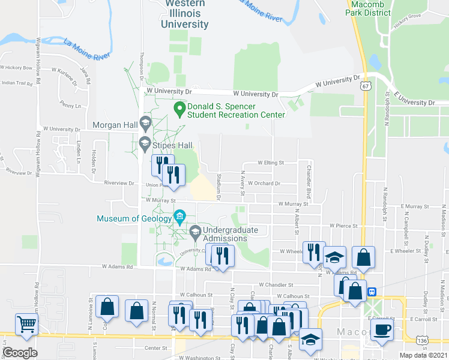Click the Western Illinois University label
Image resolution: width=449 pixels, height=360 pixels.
coord(185,14)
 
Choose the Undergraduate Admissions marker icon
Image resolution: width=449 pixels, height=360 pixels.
coord(195,231)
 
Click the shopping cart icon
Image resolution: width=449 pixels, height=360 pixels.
coord(26,325)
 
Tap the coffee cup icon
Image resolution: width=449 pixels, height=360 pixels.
coord(382,329)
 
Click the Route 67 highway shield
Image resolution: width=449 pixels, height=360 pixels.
coord(366,86)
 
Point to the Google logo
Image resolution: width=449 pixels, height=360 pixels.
coord(20,353)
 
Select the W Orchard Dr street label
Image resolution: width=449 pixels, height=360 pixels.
coord(267,184)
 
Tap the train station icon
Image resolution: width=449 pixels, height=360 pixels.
coord(372,292)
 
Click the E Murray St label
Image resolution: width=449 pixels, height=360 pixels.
coord(414,206)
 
